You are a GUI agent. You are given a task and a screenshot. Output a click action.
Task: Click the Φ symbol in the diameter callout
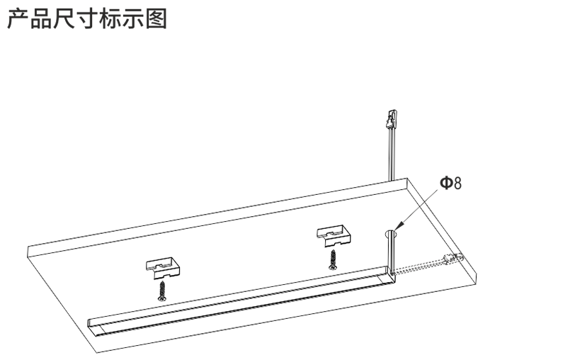[x=446, y=183]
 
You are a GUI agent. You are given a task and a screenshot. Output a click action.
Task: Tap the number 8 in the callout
[x=457, y=183]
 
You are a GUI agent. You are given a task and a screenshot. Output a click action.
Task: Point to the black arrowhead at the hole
[x=399, y=226]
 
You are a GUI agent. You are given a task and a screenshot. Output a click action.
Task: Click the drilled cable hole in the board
[x=392, y=234]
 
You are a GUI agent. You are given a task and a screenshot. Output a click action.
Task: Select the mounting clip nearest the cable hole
[x=334, y=236]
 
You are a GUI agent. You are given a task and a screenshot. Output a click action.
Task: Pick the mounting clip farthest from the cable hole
[x=163, y=267]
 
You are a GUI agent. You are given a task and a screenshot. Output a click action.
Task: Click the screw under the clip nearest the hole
[x=332, y=260]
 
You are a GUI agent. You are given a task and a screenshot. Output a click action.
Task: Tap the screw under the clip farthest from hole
[x=162, y=291]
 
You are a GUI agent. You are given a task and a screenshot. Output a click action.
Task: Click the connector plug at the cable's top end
[x=391, y=120]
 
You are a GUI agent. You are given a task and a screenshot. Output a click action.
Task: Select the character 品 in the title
[x=40, y=18]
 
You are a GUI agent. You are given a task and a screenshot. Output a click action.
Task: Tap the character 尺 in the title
[x=64, y=18]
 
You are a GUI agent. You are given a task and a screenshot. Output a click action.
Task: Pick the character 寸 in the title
[x=87, y=18]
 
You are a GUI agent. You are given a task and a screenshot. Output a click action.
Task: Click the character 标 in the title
[x=110, y=18]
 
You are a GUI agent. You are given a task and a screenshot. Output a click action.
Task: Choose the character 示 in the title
[x=133, y=18]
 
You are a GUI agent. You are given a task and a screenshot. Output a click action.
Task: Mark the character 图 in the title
[x=157, y=18]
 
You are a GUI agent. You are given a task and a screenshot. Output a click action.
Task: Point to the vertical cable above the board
[x=391, y=154]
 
